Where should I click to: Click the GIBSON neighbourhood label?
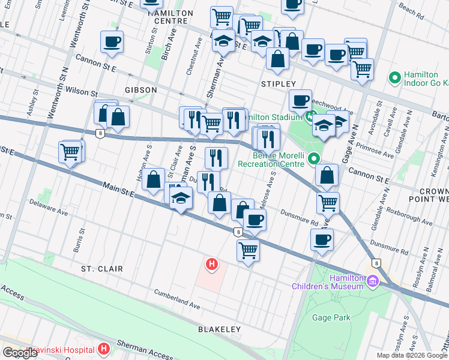pyautogui.click(x=140, y=89)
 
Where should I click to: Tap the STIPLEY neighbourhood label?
pyautogui.click(x=278, y=83)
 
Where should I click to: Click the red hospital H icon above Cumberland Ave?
pyautogui.click(x=211, y=263)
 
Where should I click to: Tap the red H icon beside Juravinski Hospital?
pyautogui.click(x=104, y=348)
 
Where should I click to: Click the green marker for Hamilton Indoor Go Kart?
pyautogui.click(x=395, y=77)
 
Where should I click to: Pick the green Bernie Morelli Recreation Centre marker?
pyautogui.click(x=313, y=158)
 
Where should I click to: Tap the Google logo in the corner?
pyautogui.click(x=20, y=353)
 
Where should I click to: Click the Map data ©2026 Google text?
pyautogui.click(x=412, y=355)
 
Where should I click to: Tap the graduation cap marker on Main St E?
pyautogui.click(x=179, y=200)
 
